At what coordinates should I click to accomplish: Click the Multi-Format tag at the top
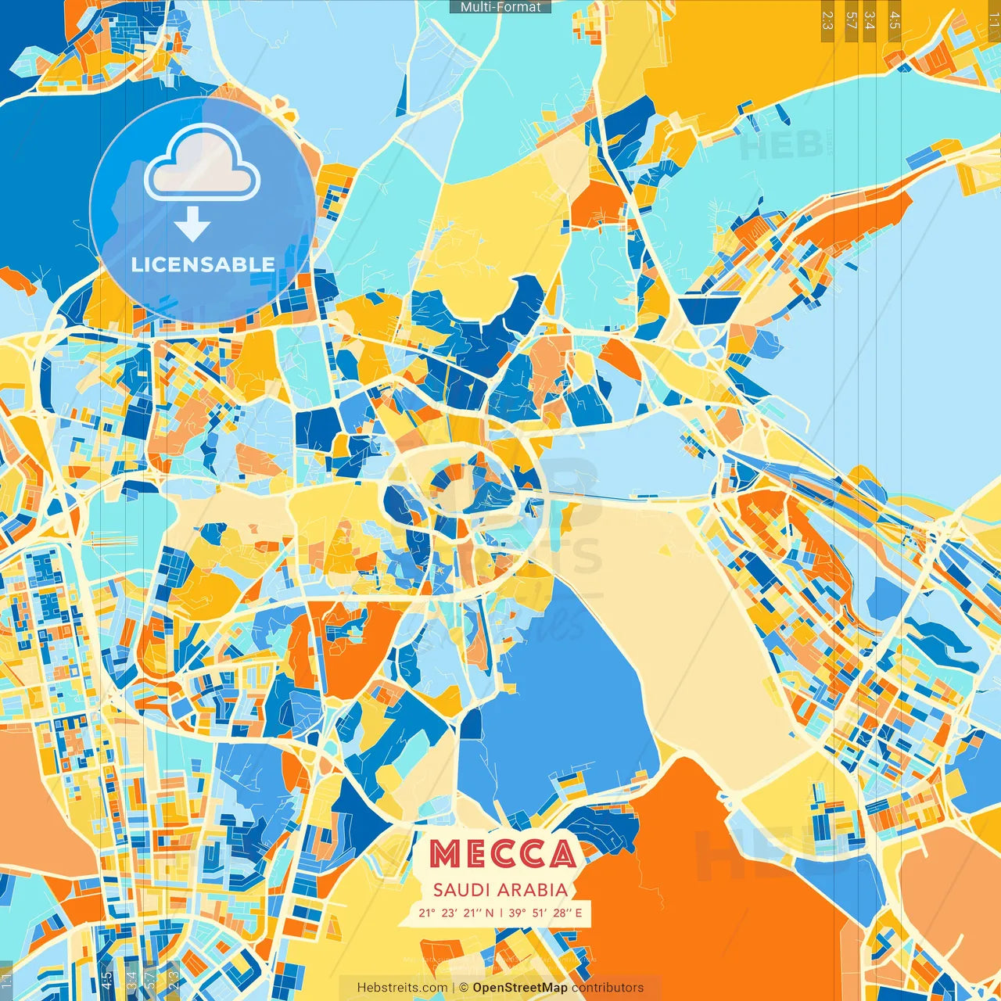[x=500, y=7]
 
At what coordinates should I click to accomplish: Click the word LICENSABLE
[x=203, y=264]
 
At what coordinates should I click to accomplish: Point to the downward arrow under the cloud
[x=192, y=224]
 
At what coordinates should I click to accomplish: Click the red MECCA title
[x=503, y=854]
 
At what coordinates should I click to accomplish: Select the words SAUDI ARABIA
[x=500, y=890]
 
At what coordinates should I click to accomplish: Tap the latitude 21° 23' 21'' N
[x=456, y=913]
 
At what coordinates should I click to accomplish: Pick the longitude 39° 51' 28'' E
[x=545, y=913]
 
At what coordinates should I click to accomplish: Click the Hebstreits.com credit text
[x=402, y=988]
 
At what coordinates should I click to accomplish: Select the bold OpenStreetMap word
[x=520, y=988]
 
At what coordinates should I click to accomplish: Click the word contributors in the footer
[x=608, y=988]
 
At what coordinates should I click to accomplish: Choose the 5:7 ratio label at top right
[x=852, y=20]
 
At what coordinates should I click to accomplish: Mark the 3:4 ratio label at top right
[x=870, y=20]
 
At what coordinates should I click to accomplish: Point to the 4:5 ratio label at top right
[x=895, y=20]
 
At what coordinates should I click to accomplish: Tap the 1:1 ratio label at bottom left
[x=6, y=981]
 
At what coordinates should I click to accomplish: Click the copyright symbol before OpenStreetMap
[x=464, y=988]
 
